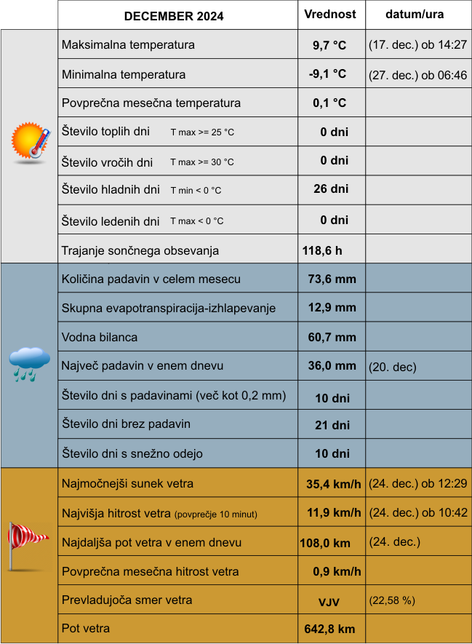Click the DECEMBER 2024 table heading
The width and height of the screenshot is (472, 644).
pos(174,16)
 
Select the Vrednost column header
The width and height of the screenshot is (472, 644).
pos(330,15)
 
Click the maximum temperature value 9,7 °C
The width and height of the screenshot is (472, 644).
pos(329,45)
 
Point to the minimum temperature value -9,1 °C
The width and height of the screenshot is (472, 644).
pos(328,74)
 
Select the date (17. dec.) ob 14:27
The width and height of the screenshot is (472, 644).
pos(417,45)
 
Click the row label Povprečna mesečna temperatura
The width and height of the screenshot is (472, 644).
pos(151,103)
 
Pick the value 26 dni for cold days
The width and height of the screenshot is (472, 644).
pos(331,189)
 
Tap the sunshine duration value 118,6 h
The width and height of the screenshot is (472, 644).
pos(322,250)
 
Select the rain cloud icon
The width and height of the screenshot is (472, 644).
pos(30,363)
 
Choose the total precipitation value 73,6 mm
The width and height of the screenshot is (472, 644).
pos(332,279)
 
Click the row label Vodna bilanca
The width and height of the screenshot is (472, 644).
pos(100,337)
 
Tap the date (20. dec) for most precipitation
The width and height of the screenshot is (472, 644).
pos(393,367)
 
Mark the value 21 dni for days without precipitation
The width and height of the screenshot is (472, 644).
pos(332,425)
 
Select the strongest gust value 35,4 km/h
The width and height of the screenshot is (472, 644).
pos(334,483)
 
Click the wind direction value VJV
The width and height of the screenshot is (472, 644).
pos(329,602)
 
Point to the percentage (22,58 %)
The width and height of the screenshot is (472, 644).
pos(392,600)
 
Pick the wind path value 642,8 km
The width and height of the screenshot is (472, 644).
pos(329,629)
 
